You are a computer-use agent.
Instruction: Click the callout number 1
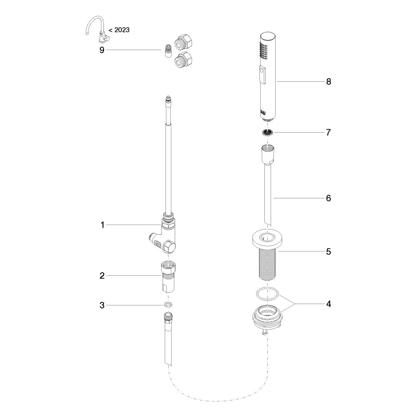pyautogui.click(x=103, y=225)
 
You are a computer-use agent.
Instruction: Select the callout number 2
pyautogui.click(x=102, y=276)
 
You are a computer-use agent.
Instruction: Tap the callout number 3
pyautogui.click(x=102, y=305)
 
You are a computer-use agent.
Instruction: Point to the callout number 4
pyautogui.click(x=329, y=304)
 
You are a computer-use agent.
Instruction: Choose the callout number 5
pyautogui.click(x=329, y=251)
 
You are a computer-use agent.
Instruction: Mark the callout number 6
pyautogui.click(x=329, y=198)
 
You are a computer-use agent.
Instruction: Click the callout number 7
pyautogui.click(x=329, y=132)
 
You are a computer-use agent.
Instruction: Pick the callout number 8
pyautogui.click(x=329, y=81)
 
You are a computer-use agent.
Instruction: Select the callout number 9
pyautogui.click(x=102, y=50)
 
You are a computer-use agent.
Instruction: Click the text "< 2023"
pyautogui.click(x=119, y=30)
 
